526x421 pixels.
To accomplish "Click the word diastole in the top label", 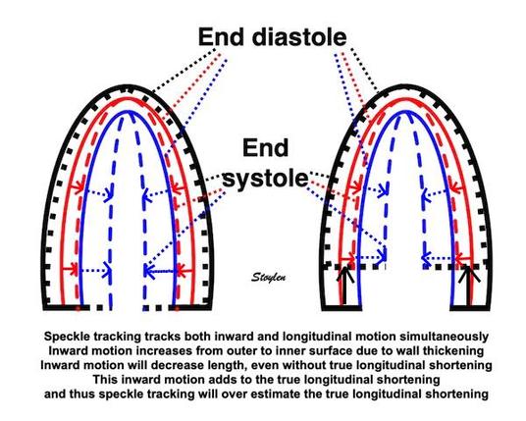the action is (299, 37).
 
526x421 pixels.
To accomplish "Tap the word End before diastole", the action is (221, 37).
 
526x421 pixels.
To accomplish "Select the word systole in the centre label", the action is (265, 179).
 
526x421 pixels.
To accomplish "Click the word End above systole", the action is (265, 148).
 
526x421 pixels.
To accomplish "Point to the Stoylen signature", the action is (268, 277).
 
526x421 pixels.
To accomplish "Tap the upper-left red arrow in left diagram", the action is (76, 186).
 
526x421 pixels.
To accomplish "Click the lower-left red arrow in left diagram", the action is (70, 269).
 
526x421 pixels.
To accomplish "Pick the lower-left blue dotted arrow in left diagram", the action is (95, 269).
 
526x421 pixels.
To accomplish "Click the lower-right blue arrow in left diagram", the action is (159, 271).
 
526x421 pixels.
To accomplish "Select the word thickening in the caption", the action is (453, 351).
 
